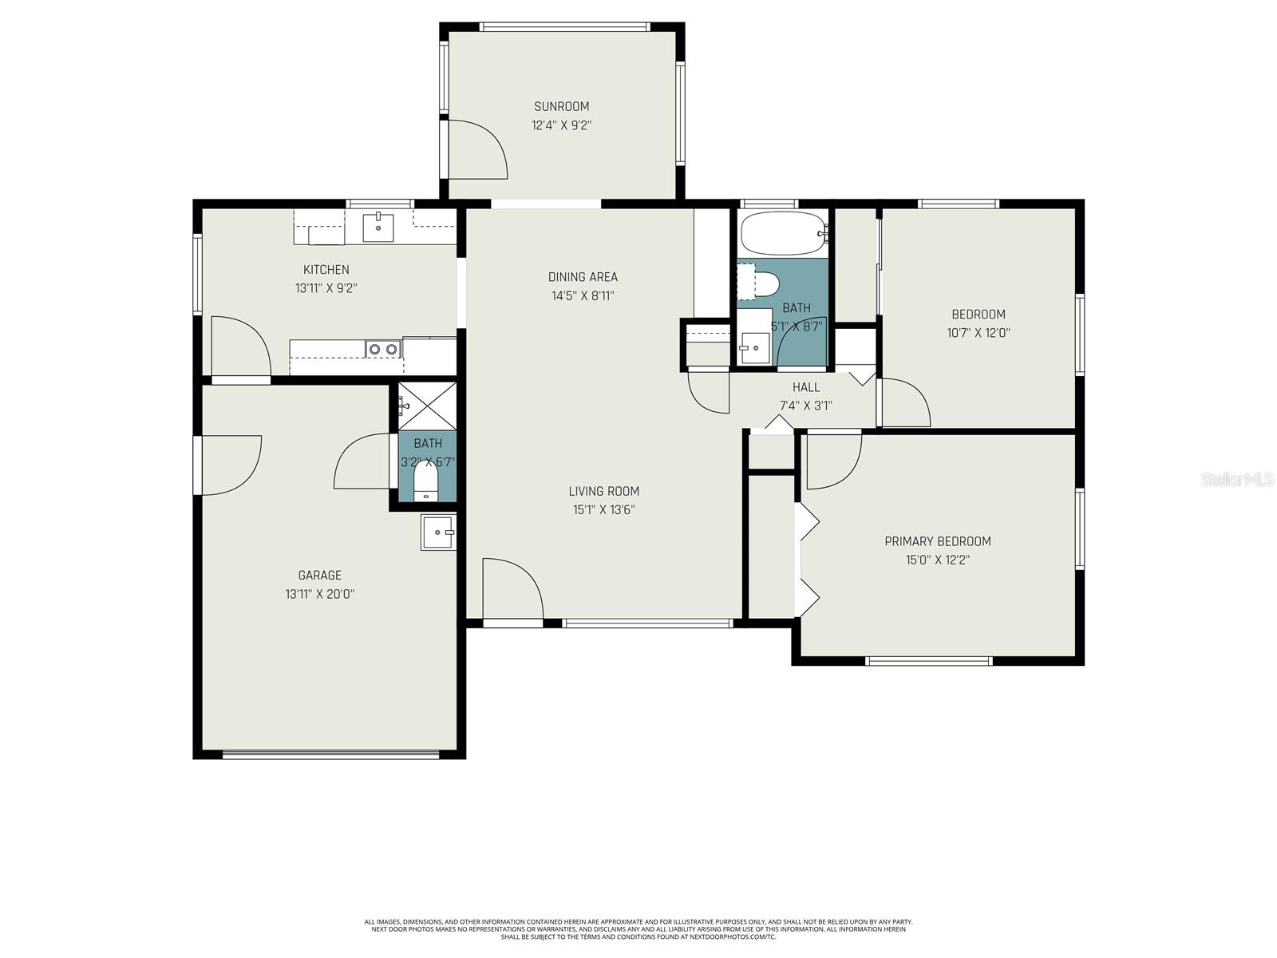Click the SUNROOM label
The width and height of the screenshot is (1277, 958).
[561, 106]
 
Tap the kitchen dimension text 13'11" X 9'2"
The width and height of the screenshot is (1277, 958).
[326, 288]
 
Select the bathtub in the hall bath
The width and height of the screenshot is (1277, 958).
[781, 233]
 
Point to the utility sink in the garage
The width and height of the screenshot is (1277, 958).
[438, 532]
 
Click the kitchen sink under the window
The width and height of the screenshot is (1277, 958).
[378, 228]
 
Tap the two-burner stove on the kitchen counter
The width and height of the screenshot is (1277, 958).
[383, 348]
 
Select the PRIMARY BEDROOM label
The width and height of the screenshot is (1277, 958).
[937, 541]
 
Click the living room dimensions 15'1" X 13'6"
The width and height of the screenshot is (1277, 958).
[603, 510]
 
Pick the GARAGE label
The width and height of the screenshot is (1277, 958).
[319, 575]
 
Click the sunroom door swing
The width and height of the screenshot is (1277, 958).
[476, 149]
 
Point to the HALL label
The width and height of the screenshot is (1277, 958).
[805, 387]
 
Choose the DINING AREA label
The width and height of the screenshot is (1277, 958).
[583, 277]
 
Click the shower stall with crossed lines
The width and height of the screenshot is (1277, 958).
[428, 407]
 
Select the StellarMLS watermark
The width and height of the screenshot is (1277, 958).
[1236, 479]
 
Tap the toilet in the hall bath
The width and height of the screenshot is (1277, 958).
[765, 283]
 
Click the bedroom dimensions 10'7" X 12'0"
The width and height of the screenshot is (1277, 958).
[978, 333]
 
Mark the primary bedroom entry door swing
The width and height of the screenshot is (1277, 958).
[832, 461]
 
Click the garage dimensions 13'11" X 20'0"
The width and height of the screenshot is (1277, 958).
[319, 594]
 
